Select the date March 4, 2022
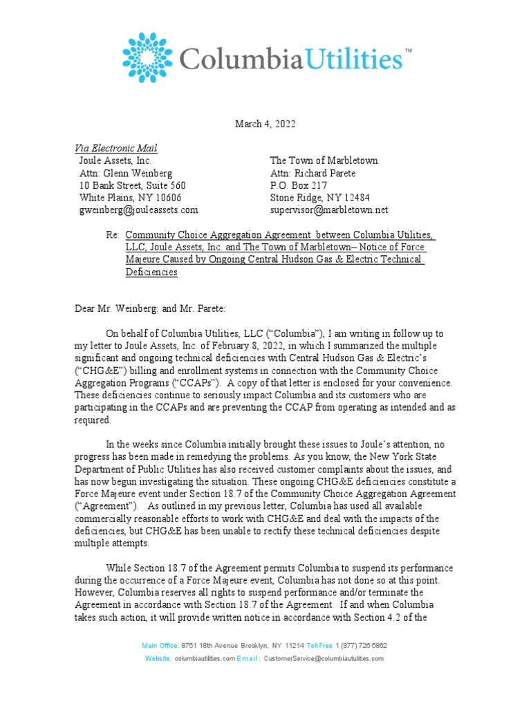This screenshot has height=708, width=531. tap(265, 124)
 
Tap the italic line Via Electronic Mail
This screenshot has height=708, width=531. tap(115, 149)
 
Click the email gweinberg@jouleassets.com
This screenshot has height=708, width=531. tap(139, 209)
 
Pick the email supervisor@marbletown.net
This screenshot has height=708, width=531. tap(329, 209)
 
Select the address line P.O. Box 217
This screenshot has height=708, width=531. tap(299, 185)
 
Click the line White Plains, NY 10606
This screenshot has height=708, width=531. tap(131, 198)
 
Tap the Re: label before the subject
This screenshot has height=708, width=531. tap(113, 236)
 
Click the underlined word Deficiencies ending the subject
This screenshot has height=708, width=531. tap(151, 272)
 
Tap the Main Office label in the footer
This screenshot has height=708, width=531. tap(160, 645)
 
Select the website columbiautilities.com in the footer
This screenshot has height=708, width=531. tap(205, 659)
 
